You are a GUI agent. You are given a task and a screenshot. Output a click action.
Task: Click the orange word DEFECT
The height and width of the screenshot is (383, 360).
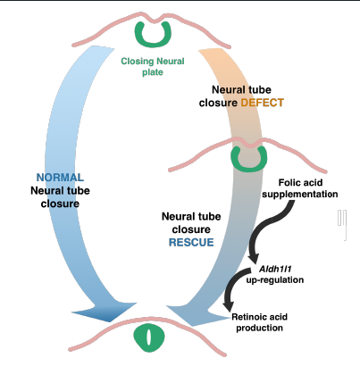click(262, 103)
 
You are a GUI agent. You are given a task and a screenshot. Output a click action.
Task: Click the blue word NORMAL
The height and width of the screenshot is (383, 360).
click(60, 178)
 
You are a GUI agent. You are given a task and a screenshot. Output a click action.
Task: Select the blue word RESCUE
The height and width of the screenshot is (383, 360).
click(191, 242)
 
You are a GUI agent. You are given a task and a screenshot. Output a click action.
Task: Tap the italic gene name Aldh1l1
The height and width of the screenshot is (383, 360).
click(275, 269)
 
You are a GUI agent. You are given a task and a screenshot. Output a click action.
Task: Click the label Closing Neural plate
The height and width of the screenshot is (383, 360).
click(153, 67)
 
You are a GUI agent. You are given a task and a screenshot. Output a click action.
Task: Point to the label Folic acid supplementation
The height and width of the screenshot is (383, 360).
click(300, 188)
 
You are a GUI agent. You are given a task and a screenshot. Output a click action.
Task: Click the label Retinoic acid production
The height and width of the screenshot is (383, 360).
click(259, 322)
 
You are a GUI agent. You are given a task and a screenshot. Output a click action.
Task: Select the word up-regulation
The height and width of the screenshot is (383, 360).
click(275, 279)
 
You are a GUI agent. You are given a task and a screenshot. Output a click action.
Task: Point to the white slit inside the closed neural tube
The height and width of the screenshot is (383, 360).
click(148, 337)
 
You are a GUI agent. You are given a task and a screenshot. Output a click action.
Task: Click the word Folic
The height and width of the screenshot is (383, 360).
click(288, 182)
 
